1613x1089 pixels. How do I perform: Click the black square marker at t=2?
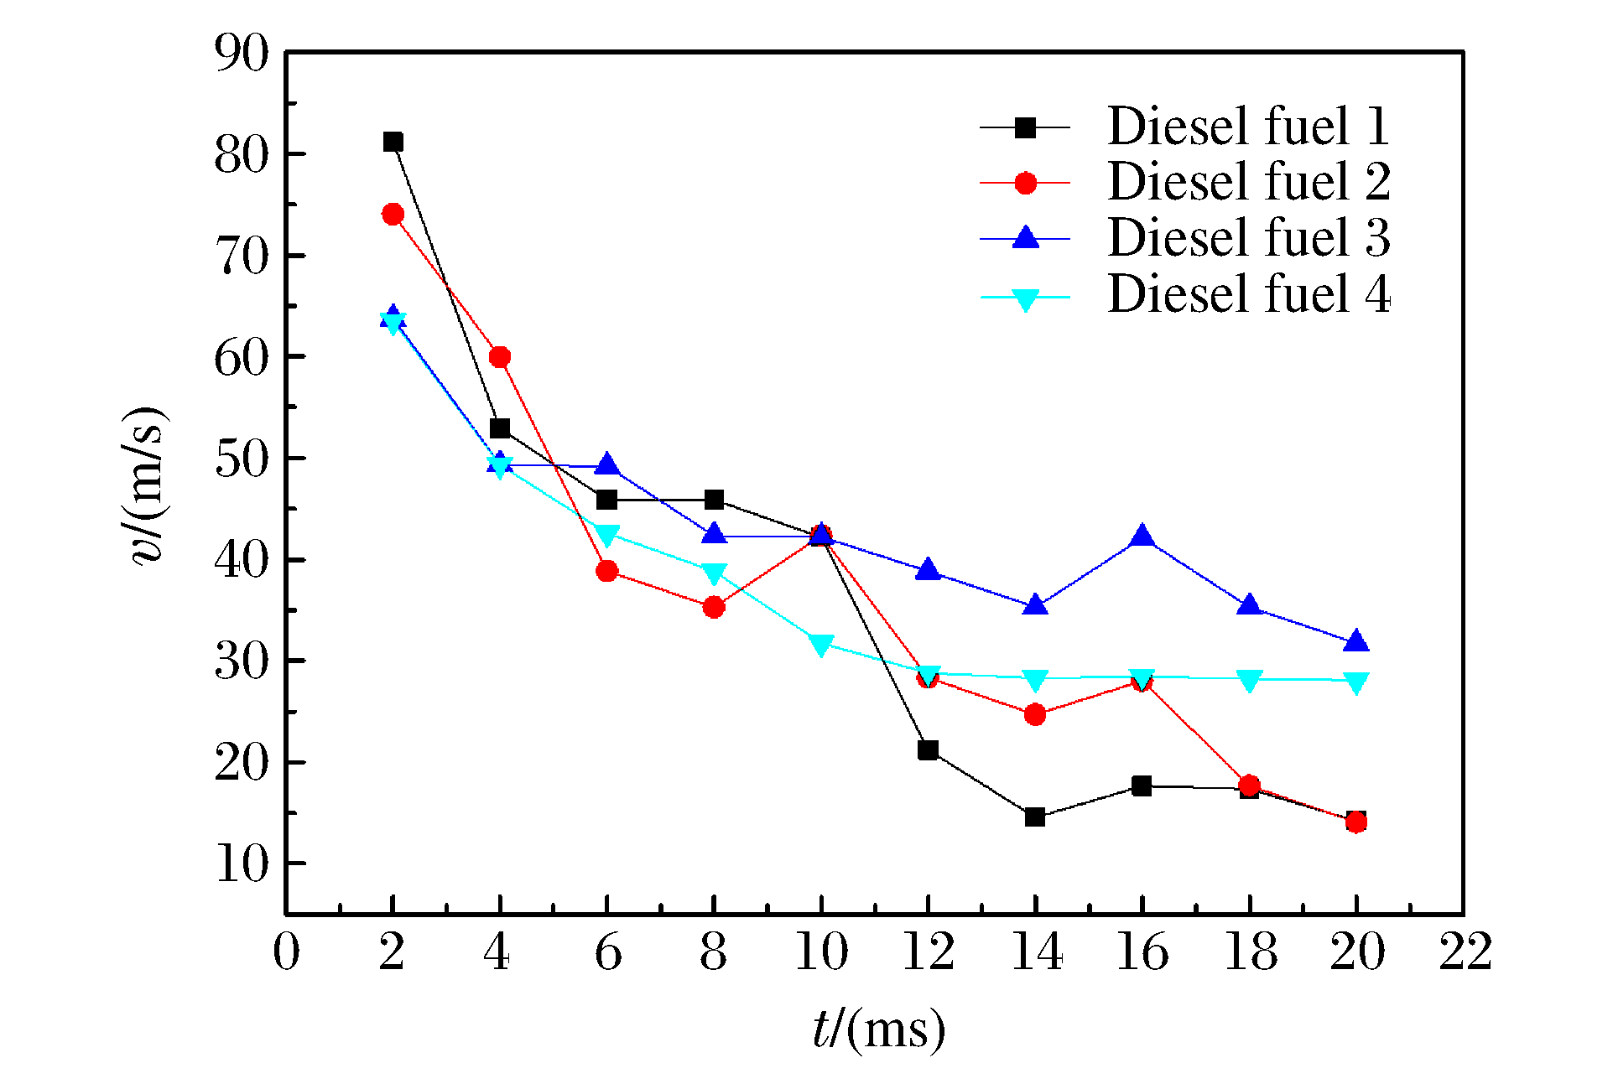[x=393, y=142]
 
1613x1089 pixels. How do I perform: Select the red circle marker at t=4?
[x=500, y=357]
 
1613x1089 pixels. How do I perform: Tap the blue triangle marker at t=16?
[x=1142, y=537]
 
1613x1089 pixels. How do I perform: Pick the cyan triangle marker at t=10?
[x=821, y=645]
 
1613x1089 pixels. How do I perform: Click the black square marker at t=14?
[x=1035, y=817]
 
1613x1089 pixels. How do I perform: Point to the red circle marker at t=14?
[x=1035, y=714]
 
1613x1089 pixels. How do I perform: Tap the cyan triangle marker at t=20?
[x=1356, y=682]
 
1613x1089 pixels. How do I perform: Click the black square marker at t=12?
[x=928, y=749]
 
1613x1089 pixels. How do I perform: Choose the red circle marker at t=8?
[x=714, y=607]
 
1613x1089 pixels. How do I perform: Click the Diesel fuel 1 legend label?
[x=1248, y=127]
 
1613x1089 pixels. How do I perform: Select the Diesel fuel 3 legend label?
[x=1248, y=238]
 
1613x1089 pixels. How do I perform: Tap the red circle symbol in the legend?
[x=1025, y=183]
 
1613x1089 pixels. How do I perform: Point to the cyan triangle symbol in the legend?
[x=1025, y=299]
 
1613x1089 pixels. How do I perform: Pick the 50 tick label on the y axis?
[x=242, y=459]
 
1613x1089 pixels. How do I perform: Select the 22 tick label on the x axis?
[x=1465, y=952]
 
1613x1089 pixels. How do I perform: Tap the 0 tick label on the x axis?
[x=286, y=952]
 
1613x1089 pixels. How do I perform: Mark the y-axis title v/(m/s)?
[x=148, y=486]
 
